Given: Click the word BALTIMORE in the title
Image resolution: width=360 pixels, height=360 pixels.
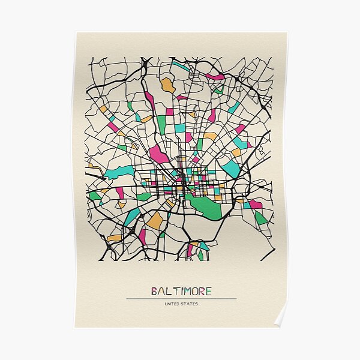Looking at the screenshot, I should [x=181, y=292].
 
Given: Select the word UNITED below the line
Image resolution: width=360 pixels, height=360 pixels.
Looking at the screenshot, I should [x=172, y=304].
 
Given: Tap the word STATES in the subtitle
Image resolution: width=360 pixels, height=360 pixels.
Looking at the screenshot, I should [x=190, y=304].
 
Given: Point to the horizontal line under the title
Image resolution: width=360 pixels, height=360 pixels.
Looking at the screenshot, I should [x=181, y=298].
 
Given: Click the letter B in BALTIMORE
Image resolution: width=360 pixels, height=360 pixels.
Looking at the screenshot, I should [x=154, y=292].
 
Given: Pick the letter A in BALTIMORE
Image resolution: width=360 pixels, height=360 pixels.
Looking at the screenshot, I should [x=161, y=292].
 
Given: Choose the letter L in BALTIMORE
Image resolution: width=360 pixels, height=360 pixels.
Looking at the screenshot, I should [x=168, y=292].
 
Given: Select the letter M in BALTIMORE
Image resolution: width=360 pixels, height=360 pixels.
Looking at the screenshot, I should [x=186, y=292].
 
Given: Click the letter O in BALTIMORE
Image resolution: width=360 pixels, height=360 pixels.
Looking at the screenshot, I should [x=194, y=292].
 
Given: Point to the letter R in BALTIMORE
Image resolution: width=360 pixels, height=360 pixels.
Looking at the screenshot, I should [x=202, y=292].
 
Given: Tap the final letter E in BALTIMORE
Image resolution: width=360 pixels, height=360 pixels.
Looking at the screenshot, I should [x=208, y=292].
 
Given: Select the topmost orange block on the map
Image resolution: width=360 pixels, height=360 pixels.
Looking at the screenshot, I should [x=168, y=85].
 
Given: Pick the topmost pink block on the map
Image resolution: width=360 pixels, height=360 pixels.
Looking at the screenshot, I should [x=214, y=77].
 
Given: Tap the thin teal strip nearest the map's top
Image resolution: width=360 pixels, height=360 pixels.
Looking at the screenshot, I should [x=181, y=65].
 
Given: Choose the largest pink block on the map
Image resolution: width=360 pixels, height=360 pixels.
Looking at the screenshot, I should [x=159, y=154].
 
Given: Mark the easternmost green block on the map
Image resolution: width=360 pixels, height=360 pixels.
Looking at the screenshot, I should [x=260, y=218].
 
